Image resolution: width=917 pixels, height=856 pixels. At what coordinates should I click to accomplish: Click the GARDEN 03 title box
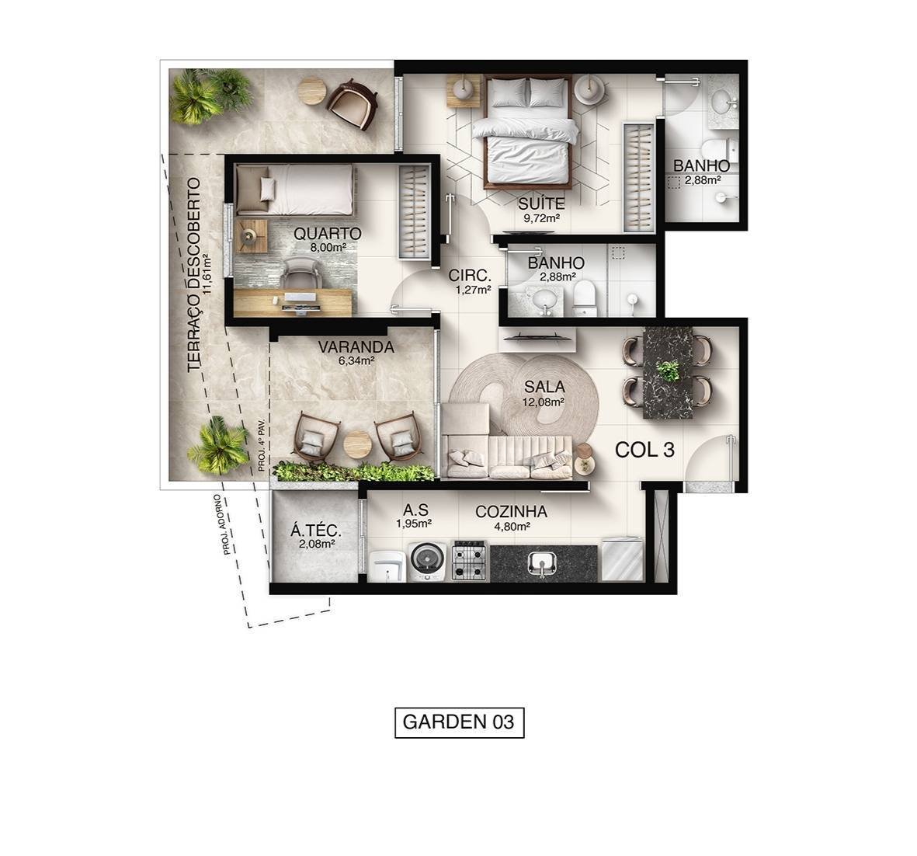(x=459, y=722)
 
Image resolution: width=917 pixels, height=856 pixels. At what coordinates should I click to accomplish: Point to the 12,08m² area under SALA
(x=544, y=402)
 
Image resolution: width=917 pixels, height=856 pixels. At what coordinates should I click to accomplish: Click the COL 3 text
(x=644, y=450)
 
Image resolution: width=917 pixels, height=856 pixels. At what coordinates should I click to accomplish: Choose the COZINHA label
(x=511, y=512)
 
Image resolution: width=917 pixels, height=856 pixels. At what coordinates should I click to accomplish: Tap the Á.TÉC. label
(x=315, y=531)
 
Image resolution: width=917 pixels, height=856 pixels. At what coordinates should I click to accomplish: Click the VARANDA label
(x=356, y=347)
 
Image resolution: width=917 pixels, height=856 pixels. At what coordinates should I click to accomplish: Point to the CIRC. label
(x=470, y=275)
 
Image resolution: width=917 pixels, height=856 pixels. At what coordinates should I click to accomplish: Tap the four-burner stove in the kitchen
(x=469, y=561)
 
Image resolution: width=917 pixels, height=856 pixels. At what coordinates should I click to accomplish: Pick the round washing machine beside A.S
(x=426, y=559)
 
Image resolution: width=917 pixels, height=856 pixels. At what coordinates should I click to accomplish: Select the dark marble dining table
(x=668, y=372)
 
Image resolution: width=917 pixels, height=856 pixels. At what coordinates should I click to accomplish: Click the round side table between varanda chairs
(x=357, y=445)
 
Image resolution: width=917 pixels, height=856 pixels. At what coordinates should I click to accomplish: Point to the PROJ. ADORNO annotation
(x=223, y=524)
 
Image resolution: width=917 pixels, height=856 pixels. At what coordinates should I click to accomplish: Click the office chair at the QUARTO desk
(x=300, y=273)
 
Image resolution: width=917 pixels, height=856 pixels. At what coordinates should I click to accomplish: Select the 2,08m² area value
(x=316, y=544)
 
